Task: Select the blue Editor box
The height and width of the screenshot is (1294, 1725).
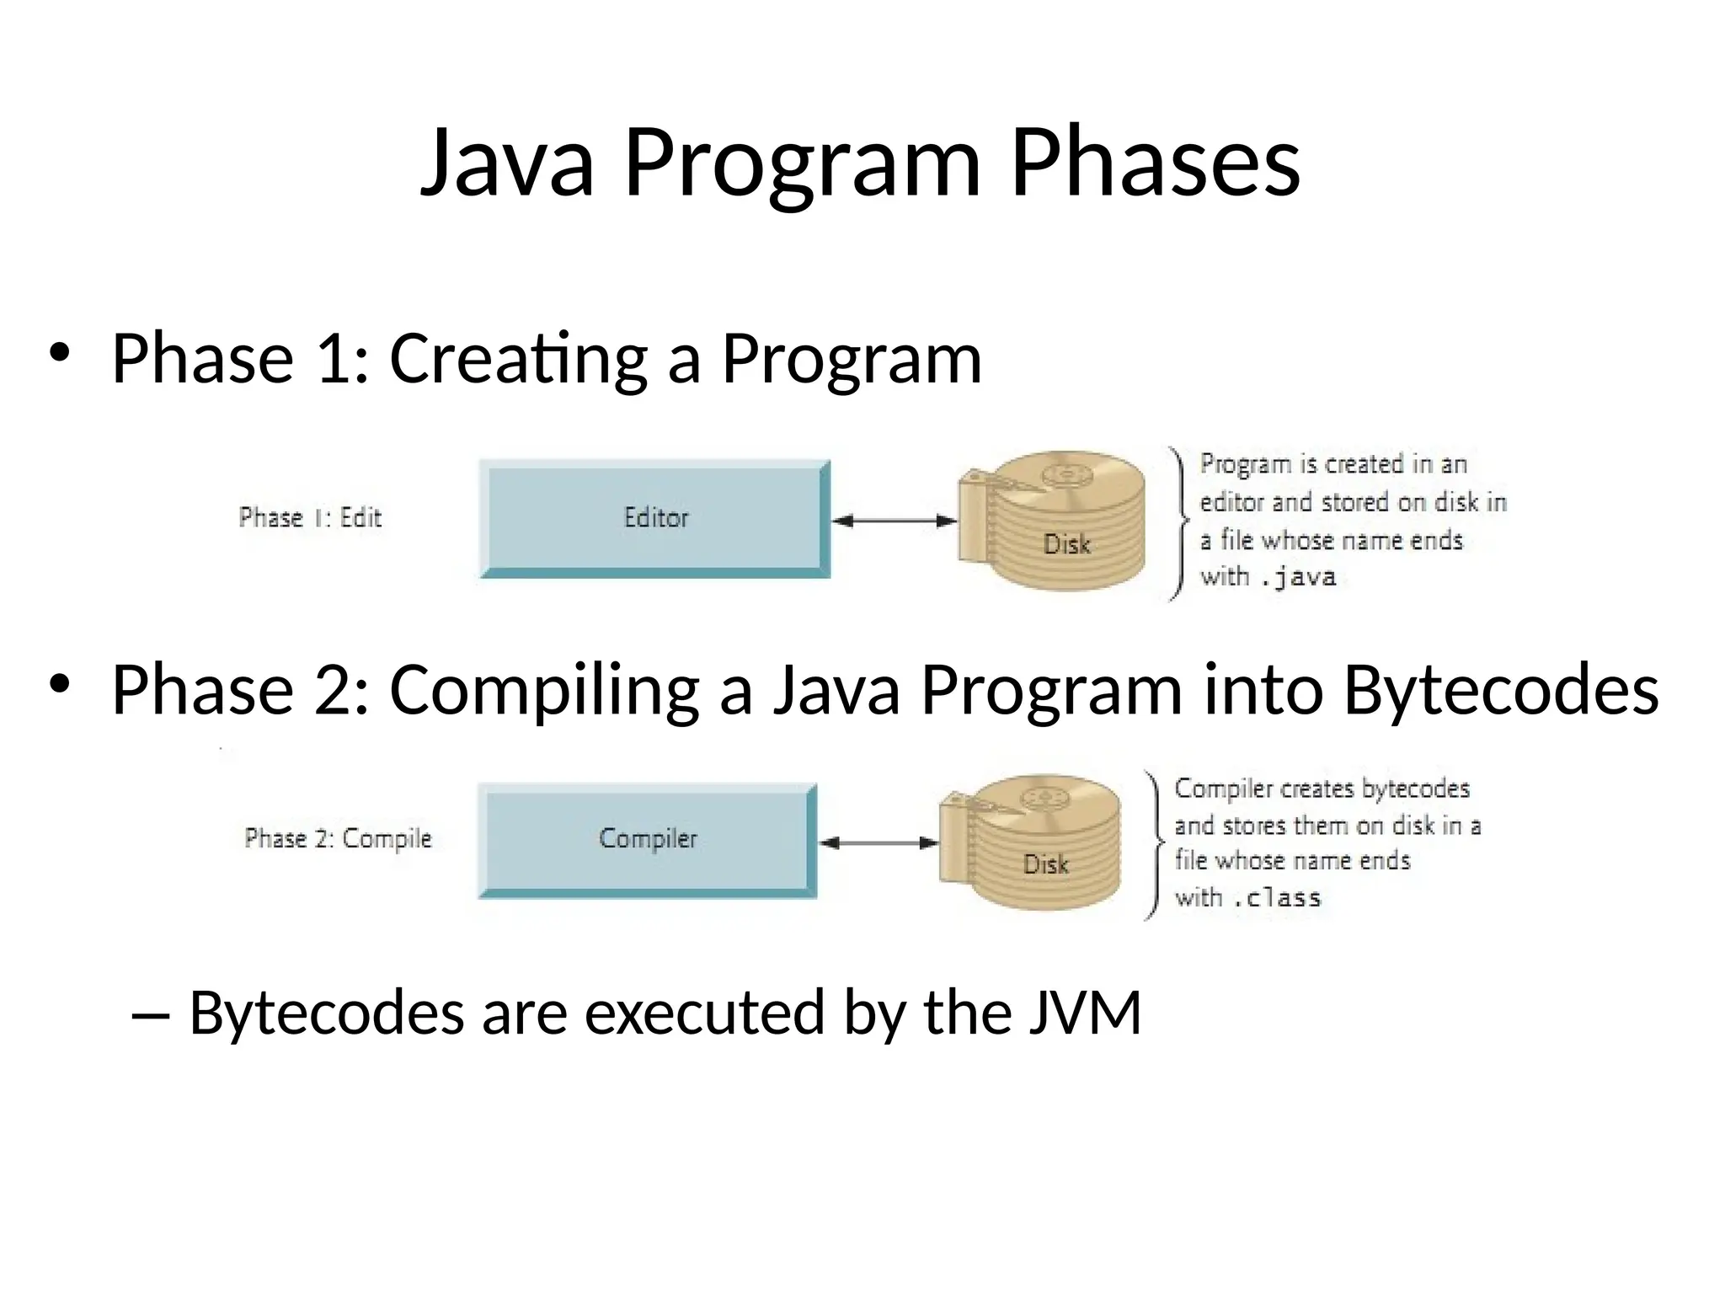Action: pos(654,518)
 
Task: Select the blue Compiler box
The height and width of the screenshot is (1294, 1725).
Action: pos(646,839)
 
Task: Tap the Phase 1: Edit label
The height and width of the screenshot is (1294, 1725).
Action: pos(310,517)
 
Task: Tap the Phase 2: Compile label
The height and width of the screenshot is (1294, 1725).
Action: pos(338,838)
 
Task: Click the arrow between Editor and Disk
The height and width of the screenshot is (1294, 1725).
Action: pos(894,521)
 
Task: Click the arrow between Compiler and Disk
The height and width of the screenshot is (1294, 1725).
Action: pos(879,842)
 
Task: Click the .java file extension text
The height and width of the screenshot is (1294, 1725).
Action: pos(1299,578)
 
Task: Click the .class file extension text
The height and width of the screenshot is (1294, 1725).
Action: pos(1277,898)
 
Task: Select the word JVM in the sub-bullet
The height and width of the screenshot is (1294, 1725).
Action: pos(1085,1013)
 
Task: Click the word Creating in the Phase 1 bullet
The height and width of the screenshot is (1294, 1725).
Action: pos(518,360)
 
